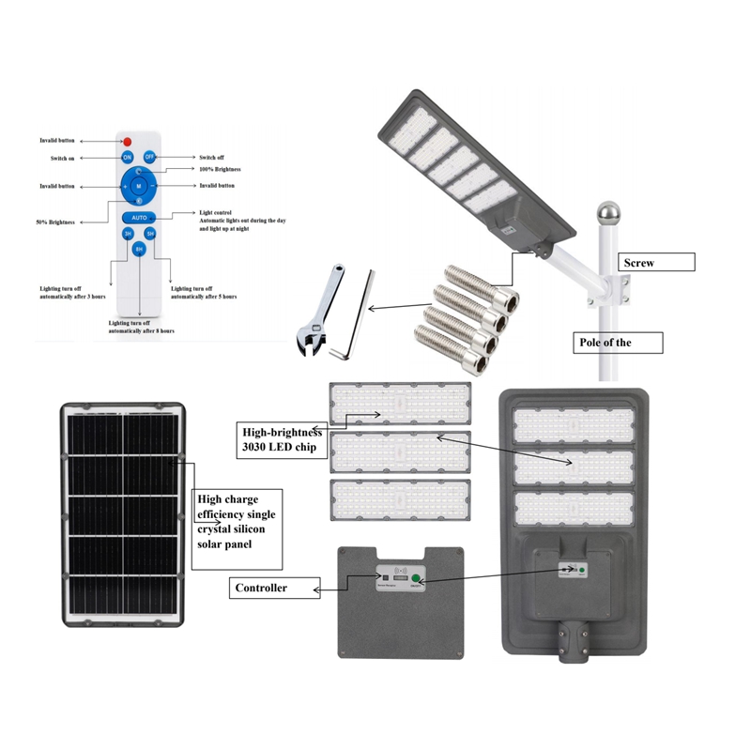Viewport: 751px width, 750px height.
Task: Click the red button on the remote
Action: click(128, 141)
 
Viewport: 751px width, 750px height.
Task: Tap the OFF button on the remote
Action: click(149, 158)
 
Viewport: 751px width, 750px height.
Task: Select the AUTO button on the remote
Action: click(138, 217)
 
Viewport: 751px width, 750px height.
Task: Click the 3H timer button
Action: click(128, 233)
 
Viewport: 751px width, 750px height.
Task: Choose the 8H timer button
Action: click(138, 249)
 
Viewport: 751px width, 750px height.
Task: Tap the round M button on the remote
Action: click(138, 187)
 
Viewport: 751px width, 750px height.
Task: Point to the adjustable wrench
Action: click(317, 310)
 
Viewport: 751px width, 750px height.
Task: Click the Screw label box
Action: click(655, 263)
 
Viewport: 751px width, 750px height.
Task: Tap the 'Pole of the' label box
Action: click(618, 343)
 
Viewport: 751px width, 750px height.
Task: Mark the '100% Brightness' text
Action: click(221, 169)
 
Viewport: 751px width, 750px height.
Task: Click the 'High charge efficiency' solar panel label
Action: click(237, 522)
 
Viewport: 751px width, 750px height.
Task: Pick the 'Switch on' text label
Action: click(64, 158)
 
